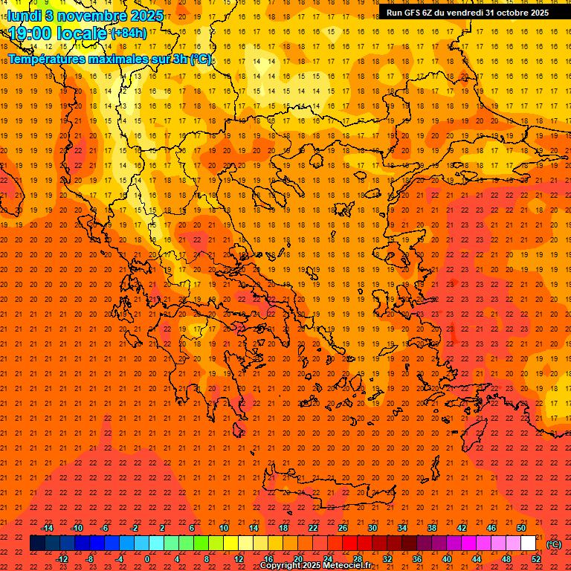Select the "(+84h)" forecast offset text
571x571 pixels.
(x=128, y=33)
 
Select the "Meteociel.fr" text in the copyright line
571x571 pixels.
(x=347, y=566)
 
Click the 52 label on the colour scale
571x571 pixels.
(x=536, y=558)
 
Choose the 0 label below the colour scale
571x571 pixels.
(x=147, y=558)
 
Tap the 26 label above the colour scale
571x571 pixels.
(x=343, y=528)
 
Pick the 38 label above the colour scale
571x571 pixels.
(x=432, y=528)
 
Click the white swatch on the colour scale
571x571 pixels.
(x=529, y=543)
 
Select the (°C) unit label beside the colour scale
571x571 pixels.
(x=555, y=544)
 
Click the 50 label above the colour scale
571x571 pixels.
(x=521, y=528)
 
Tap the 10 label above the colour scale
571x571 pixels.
(x=224, y=528)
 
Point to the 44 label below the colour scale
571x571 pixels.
(x=477, y=558)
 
